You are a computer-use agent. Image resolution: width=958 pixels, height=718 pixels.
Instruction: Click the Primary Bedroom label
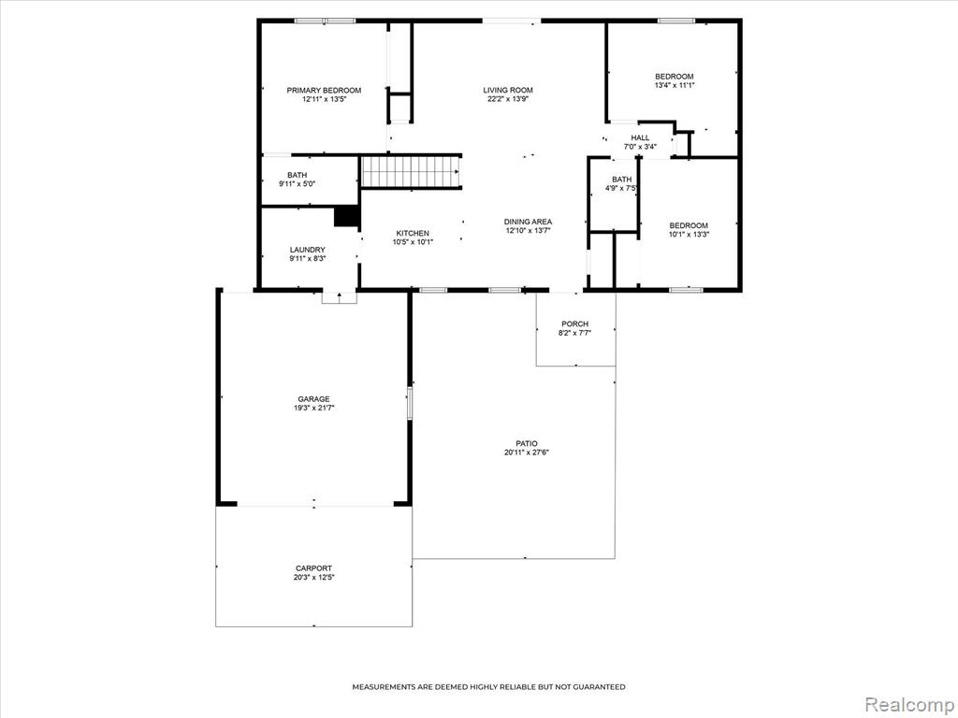(324, 91)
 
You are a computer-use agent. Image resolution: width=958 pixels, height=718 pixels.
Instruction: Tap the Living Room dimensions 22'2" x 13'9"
(508, 99)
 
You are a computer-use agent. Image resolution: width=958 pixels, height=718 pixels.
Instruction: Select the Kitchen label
(413, 233)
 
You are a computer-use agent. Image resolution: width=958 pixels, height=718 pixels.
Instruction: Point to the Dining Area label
(528, 222)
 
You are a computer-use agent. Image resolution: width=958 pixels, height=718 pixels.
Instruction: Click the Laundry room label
(307, 250)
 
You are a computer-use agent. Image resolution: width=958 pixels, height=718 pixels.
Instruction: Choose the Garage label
(313, 399)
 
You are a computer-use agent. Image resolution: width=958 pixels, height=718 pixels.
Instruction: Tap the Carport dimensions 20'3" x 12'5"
(314, 577)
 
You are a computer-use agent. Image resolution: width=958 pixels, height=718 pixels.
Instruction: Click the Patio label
(527, 444)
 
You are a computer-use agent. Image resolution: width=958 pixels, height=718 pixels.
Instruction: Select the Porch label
(575, 324)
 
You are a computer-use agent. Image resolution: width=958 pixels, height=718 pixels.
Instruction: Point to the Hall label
(640, 138)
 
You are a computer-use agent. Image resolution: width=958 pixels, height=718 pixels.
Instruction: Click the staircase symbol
(410, 172)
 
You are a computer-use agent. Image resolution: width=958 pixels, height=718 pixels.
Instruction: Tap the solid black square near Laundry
(346, 217)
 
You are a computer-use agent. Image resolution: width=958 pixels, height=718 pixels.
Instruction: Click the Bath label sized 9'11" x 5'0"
(297, 175)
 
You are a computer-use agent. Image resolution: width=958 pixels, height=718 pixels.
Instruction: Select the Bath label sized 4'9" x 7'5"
(622, 179)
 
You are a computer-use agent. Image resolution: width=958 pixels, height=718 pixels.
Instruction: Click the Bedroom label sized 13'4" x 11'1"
(675, 77)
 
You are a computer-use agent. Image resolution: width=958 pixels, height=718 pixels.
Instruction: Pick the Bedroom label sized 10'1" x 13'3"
(689, 225)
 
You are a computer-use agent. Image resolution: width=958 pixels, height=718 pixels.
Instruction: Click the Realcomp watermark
(909, 704)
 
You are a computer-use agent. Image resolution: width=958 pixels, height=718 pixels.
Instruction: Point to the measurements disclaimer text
(488, 687)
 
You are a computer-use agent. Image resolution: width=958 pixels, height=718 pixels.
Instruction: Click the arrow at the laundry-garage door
(339, 297)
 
